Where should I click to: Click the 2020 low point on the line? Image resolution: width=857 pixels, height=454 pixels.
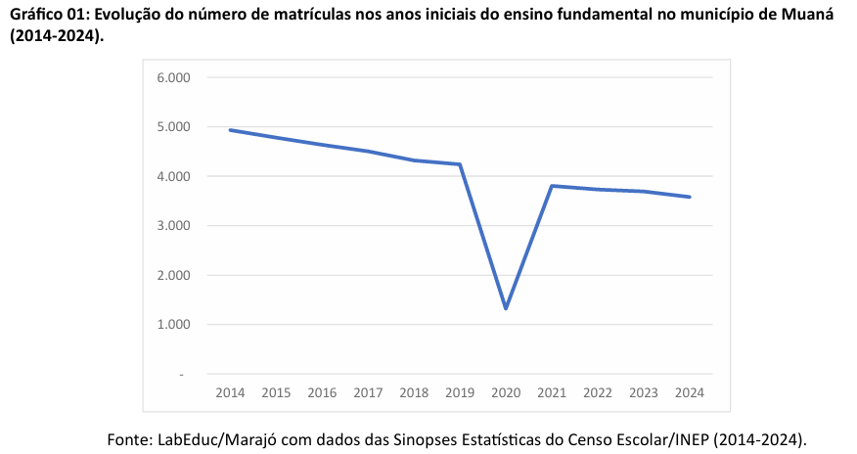click(506, 308)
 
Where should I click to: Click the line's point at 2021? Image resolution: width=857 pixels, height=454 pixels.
click(552, 186)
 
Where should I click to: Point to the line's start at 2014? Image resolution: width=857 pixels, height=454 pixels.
click(230, 130)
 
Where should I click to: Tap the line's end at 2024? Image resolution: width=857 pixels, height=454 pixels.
click(690, 197)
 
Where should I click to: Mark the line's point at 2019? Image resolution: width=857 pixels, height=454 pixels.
click(460, 164)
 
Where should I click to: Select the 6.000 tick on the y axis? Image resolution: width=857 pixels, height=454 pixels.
click(172, 77)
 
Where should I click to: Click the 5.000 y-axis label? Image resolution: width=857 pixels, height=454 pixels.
click(172, 127)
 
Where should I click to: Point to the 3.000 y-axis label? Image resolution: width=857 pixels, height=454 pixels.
click(172, 226)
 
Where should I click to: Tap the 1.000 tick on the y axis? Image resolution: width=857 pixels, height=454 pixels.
click(172, 325)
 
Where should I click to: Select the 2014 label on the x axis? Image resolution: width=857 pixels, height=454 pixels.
click(230, 393)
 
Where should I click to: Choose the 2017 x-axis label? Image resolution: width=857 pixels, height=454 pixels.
click(368, 393)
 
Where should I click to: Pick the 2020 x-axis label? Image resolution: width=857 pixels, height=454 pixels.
click(506, 393)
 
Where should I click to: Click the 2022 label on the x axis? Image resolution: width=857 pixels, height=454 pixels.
click(598, 393)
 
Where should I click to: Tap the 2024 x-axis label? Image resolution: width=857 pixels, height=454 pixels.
click(690, 393)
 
